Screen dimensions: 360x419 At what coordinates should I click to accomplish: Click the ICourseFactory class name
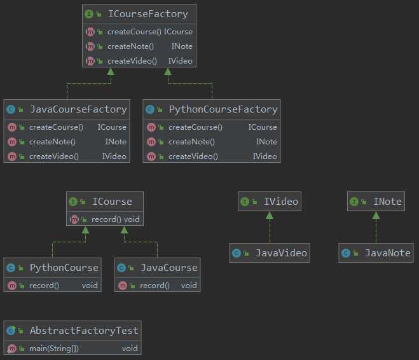coord(148,13)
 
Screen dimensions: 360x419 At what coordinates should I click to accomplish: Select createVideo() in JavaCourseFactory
coord(54,156)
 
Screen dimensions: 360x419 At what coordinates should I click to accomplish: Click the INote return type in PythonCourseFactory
coord(266,142)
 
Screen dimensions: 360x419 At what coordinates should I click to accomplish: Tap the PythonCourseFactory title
coord(223,109)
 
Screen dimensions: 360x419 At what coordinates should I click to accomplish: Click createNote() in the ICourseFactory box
coord(132,46)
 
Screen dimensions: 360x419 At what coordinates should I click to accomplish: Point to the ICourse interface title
coord(112,202)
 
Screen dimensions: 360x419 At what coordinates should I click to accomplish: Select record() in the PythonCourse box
coord(44,286)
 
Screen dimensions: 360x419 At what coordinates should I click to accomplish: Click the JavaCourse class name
coord(168,268)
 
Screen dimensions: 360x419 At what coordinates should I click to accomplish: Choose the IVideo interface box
coord(268,202)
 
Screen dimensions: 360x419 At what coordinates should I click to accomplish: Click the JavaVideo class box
coord(269,253)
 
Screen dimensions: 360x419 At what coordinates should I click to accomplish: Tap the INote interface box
coord(375,202)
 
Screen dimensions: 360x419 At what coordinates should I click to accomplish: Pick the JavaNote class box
coord(375,253)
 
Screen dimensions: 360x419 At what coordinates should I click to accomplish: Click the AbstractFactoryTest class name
coord(83,331)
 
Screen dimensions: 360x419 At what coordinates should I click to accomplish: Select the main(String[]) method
coord(54,349)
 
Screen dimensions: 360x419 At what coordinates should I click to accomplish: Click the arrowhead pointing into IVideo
coord(269,216)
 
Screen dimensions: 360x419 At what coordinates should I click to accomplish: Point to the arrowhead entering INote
coord(376,216)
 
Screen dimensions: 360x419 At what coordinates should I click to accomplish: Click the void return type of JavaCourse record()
coord(188,286)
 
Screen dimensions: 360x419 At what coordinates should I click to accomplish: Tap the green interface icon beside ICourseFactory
coord(90,13)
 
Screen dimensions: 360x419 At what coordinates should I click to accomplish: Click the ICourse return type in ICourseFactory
coord(178,32)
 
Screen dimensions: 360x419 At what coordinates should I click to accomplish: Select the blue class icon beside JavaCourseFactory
coord(11,109)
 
